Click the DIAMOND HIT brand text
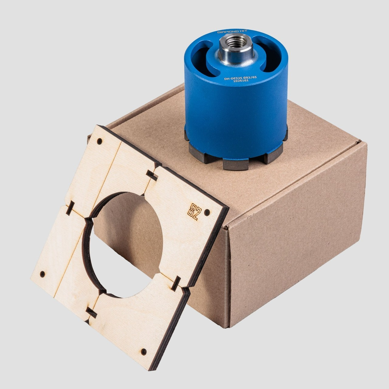click(x=232, y=32)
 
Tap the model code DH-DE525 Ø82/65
click(x=240, y=78)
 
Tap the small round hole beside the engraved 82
click(x=207, y=212)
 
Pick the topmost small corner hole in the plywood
click(x=99, y=141)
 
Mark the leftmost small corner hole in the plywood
click(x=42, y=274)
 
